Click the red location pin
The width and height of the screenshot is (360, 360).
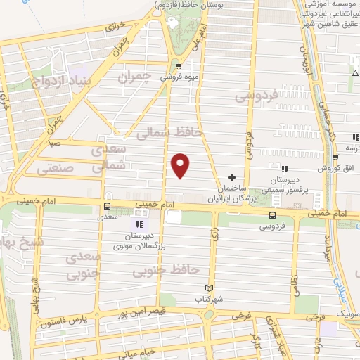pos(181,165)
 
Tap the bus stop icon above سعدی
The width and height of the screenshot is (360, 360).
pos(107,207)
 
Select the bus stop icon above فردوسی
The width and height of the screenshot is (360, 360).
pos(272,215)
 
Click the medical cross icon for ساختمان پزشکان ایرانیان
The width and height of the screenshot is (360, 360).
pos(232,177)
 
